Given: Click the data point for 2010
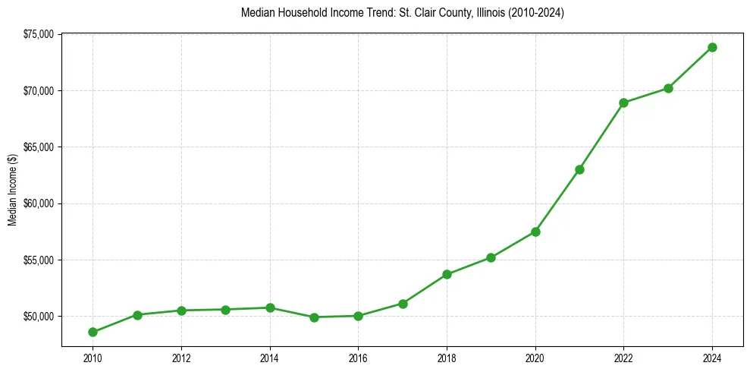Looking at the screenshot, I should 93,332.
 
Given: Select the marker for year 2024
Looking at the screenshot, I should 712,47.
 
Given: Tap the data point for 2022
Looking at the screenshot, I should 623,102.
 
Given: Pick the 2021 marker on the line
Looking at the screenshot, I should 579,169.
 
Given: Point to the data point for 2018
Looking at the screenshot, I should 447,274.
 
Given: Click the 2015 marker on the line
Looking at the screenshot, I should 314,317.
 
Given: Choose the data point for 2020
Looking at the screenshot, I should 535,232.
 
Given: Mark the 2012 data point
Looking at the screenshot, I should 181,311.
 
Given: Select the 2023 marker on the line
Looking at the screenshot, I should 668,88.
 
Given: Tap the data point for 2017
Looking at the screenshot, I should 403,304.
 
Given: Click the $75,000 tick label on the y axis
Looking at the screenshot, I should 39,34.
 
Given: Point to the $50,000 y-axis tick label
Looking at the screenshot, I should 39,316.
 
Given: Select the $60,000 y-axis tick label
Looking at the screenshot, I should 39,203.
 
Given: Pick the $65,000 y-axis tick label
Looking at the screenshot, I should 39,147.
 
